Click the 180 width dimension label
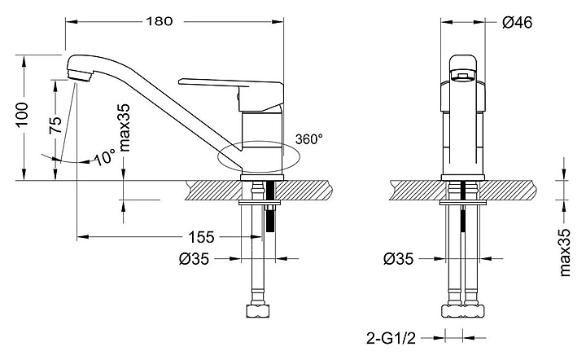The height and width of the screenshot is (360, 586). [x=160, y=21]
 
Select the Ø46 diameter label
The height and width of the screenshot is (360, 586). [x=517, y=23]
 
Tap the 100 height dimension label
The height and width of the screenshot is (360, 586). [x=23, y=114]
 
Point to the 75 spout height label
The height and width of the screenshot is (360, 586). [x=55, y=125]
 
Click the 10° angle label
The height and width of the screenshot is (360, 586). [x=104, y=157]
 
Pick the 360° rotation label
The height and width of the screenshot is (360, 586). [x=308, y=139]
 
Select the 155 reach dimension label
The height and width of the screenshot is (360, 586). [x=201, y=237]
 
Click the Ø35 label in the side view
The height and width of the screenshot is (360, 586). [x=194, y=259]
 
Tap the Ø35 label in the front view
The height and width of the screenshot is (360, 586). [x=398, y=259]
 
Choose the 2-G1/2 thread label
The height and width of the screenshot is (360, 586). [x=391, y=338]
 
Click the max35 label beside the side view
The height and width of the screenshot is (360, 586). [x=125, y=127]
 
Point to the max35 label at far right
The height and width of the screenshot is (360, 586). [x=565, y=252]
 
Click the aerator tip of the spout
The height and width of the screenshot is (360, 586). [x=79, y=75]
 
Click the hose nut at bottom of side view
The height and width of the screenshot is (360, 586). [x=258, y=311]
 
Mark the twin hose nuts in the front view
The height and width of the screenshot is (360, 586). [x=463, y=311]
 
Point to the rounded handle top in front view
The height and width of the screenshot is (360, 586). [x=463, y=68]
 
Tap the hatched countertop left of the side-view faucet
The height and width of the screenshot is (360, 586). [x=214, y=191]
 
